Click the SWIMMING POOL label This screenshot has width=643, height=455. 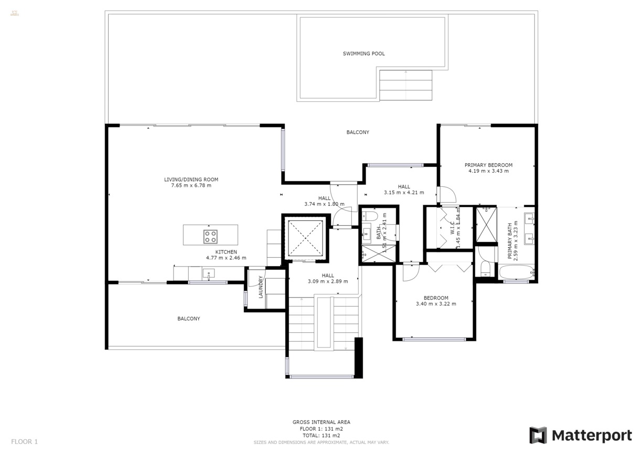(x=363, y=54)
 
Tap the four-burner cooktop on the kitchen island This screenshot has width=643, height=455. (x=210, y=236)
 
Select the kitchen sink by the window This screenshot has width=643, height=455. (x=208, y=273)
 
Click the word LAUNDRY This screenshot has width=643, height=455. (x=260, y=287)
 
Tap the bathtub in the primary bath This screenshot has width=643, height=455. (x=516, y=273)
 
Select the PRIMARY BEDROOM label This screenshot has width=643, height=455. (x=488, y=165)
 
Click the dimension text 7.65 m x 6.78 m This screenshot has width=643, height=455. (x=191, y=185)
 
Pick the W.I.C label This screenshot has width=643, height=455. (x=452, y=228)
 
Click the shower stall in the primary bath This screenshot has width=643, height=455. (x=486, y=225)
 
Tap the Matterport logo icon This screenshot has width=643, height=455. (x=538, y=435)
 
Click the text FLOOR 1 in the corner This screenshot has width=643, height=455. (x=25, y=441)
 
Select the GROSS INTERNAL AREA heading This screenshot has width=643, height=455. (x=321, y=422)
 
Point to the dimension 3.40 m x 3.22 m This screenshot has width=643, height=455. (x=436, y=304)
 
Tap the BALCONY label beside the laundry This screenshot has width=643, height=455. (x=188, y=319)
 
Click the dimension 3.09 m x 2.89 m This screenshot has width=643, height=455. (x=328, y=281)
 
